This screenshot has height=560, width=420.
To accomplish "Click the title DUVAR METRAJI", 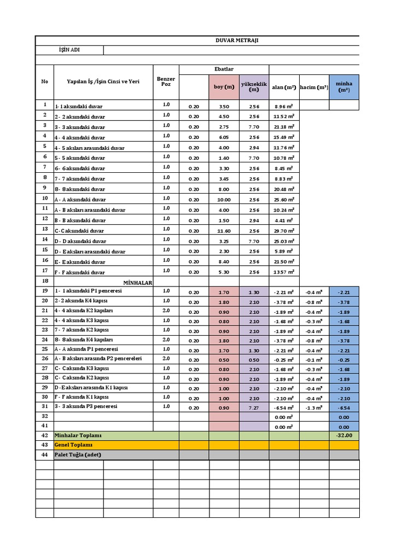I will point(236,40).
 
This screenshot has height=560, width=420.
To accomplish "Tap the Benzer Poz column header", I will point(166,81).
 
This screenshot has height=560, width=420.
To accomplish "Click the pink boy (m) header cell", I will point(224,87).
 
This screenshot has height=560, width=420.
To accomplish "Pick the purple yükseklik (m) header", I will point(254,87).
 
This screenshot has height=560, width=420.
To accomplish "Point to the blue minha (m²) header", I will point(344,87).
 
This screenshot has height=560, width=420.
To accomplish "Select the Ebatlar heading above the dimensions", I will point(224,69).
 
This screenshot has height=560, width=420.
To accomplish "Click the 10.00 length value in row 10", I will point(224,200).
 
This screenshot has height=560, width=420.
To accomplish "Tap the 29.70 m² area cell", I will point(283,231).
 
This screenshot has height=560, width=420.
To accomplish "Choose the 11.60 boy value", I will point(224,231).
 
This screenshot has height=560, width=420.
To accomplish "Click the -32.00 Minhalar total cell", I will point(344,435).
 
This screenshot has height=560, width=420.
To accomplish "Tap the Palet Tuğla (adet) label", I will point(77,455).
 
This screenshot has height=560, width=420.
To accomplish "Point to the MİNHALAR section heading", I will point(137,283).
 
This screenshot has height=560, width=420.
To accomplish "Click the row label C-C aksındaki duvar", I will point(79,231).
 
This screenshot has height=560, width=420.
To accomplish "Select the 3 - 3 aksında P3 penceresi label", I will point(86,407).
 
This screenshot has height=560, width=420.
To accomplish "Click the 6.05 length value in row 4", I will point(224,137).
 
